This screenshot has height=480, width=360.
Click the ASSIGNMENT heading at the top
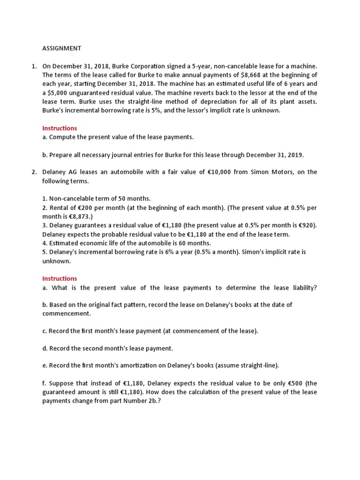[x=62, y=48]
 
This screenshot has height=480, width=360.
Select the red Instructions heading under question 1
[x=60, y=128]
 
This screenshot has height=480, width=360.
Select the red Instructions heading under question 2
[x=60, y=278]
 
